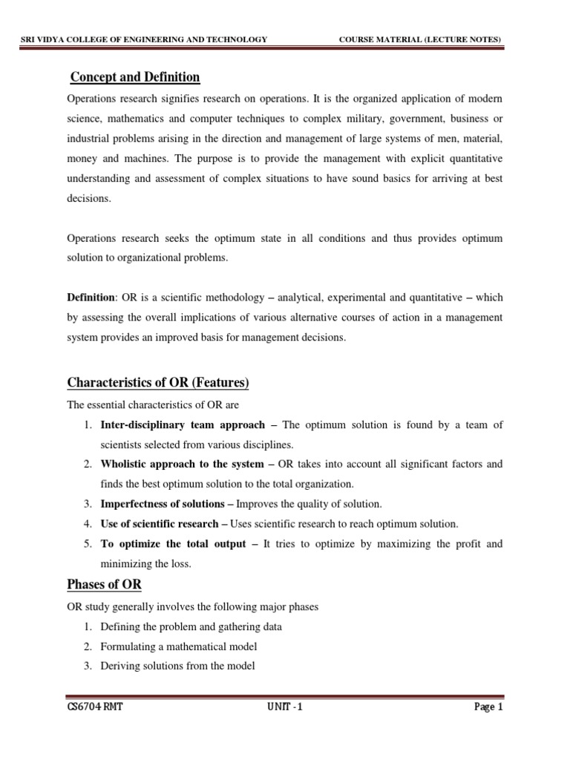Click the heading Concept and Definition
pos(134,77)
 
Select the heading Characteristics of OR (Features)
pos(158,383)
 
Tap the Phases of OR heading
pos(104,584)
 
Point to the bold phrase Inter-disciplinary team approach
pos(183,425)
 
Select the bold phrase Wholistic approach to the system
pos(182,465)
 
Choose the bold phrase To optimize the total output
pos(173,544)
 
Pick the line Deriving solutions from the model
pos(177,666)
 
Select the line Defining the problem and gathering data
pos(191,626)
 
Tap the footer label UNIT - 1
pos(284,707)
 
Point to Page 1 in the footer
pos(488,707)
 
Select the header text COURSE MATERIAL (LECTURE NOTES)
pos(420,39)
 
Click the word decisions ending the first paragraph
pos(88,198)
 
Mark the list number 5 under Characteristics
pos(86,544)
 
